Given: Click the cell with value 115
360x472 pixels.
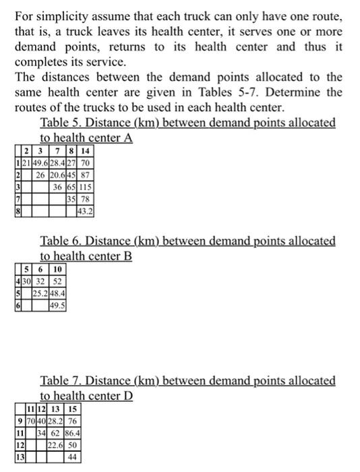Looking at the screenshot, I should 86,185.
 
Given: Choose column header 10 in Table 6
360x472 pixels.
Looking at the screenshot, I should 57,269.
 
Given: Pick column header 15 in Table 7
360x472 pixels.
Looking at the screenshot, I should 72,409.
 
